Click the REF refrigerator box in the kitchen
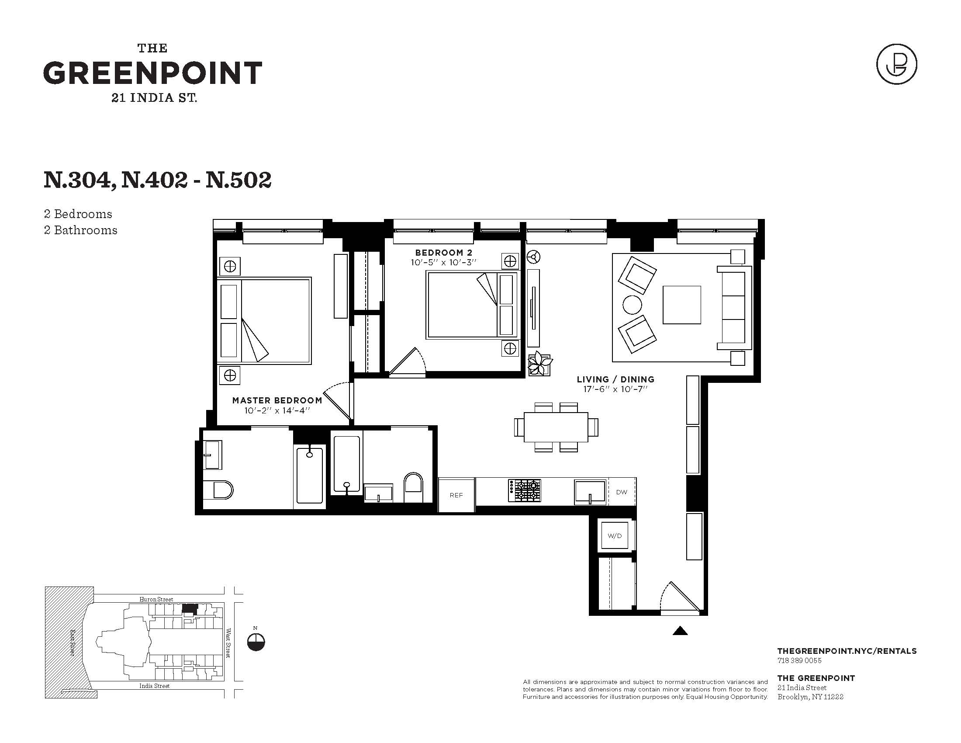click(x=456, y=495)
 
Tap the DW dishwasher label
click(x=621, y=492)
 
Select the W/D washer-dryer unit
click(x=615, y=535)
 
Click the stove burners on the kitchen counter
click(x=525, y=490)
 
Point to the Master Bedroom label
click(x=277, y=400)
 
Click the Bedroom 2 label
click(x=444, y=253)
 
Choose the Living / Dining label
click(x=615, y=379)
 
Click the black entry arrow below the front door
click(x=680, y=631)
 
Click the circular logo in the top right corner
click(x=897, y=64)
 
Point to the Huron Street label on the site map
click(x=156, y=599)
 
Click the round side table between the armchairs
click(x=632, y=305)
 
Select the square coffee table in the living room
click(x=681, y=305)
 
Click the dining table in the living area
click(x=556, y=427)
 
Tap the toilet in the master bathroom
click(x=218, y=490)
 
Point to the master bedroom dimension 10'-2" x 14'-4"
click(x=277, y=410)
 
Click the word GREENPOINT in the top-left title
click(x=153, y=73)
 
